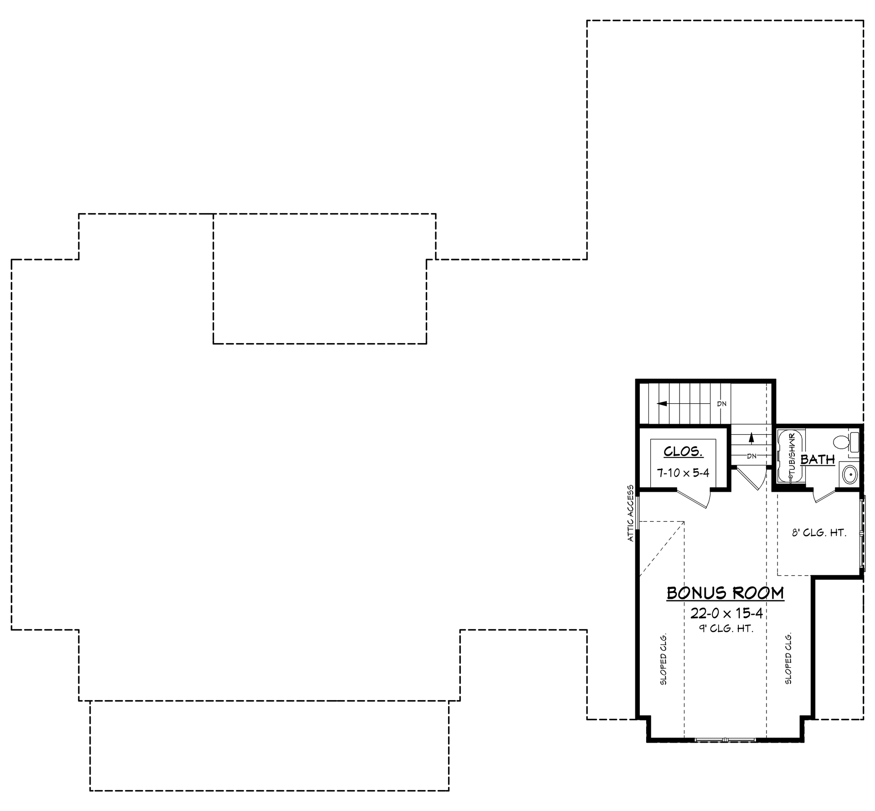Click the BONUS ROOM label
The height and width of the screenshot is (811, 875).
click(725, 593)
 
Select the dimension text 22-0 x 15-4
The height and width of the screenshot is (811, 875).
click(726, 613)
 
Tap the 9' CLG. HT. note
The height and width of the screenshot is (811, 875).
click(726, 629)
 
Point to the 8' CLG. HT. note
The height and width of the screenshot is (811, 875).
click(818, 532)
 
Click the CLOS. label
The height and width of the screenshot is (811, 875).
click(683, 452)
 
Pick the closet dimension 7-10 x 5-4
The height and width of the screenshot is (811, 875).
click(683, 473)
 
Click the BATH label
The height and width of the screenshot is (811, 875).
click(818, 459)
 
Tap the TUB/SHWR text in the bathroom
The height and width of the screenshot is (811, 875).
click(792, 455)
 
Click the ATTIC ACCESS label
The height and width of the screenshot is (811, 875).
click(631, 513)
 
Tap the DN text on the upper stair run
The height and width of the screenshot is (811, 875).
click(721, 404)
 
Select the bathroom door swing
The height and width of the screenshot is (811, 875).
click(824, 496)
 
